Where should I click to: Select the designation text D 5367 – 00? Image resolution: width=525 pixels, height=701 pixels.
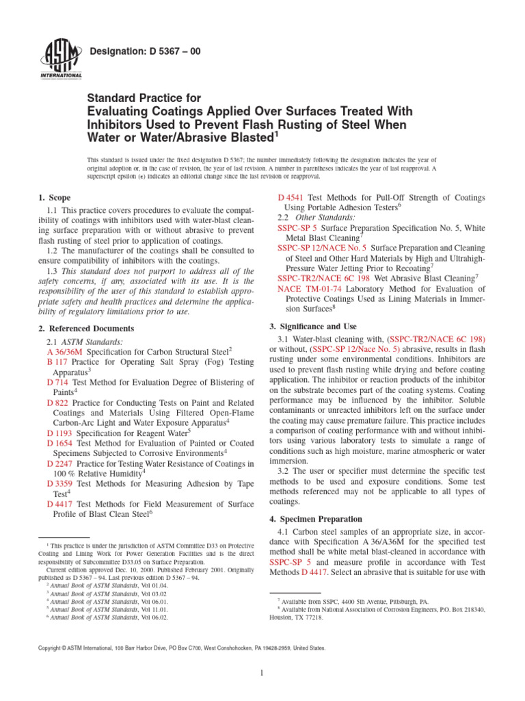click(145, 51)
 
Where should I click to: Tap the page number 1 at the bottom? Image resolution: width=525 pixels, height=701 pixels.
click(262, 673)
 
